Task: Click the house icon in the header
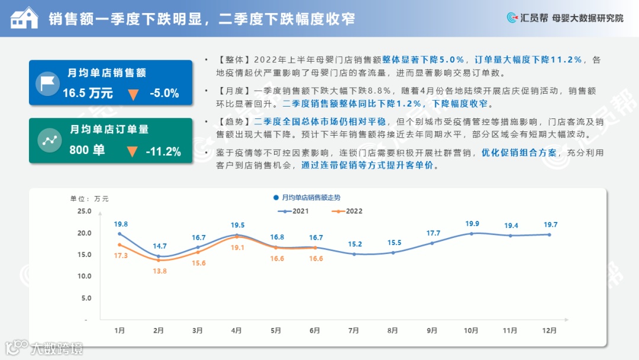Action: (24, 18)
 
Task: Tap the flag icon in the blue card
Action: (48, 83)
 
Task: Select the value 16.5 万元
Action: (88, 93)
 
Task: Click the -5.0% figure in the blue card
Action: (164, 93)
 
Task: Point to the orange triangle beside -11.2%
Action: (133, 152)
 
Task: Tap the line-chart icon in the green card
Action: (48, 140)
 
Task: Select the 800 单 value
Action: (87, 150)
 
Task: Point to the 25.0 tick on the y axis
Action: (84, 211)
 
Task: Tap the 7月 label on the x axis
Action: (354, 330)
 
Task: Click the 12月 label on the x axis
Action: (550, 330)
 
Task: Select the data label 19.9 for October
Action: (472, 224)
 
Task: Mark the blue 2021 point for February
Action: (159, 256)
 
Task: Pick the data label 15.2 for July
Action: (354, 244)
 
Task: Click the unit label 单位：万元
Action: (89, 198)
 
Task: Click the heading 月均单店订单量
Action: (109, 129)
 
